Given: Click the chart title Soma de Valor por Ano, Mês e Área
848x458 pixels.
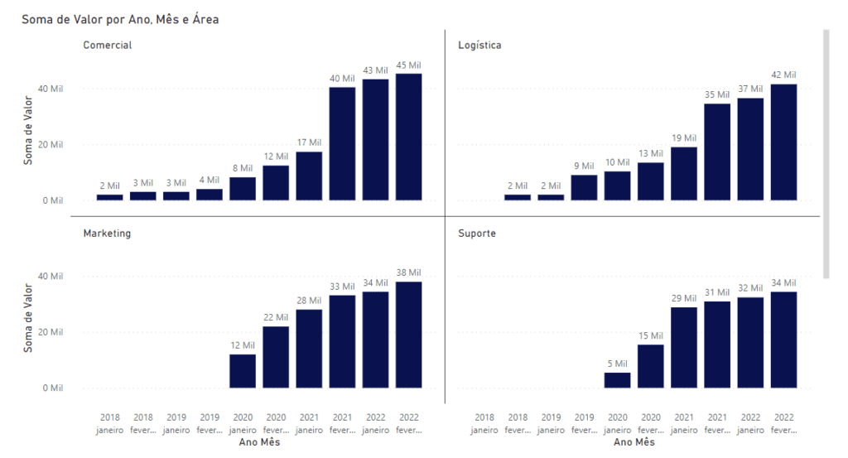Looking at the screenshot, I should click(x=120, y=18).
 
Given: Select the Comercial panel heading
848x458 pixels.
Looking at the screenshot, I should click(x=107, y=45).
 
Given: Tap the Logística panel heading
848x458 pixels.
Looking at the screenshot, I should click(x=479, y=45).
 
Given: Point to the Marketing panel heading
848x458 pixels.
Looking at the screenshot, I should click(x=107, y=234).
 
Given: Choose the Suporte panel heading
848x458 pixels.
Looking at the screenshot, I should click(x=477, y=234).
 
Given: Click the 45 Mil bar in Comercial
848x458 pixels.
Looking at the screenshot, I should click(x=408, y=137).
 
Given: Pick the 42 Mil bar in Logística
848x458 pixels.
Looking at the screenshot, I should click(x=783, y=142).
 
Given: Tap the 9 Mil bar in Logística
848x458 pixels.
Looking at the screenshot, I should click(x=584, y=187).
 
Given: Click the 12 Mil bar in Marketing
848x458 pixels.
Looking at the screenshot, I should click(x=243, y=371).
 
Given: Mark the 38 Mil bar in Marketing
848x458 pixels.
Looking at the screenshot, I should click(x=408, y=335).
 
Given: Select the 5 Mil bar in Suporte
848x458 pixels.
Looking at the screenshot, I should click(x=617, y=380).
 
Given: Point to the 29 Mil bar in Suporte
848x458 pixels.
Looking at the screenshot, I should click(x=684, y=347).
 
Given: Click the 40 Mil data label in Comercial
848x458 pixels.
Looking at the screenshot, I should click(x=342, y=78).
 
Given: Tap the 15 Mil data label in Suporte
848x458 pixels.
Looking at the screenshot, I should click(x=651, y=335).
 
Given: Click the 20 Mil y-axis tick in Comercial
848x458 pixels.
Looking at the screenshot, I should click(x=52, y=144).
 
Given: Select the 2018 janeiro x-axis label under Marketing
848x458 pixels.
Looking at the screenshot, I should click(x=110, y=424).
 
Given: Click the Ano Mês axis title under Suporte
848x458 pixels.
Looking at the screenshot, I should click(x=634, y=443).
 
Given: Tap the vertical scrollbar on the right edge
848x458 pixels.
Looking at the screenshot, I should click(x=826, y=153).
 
